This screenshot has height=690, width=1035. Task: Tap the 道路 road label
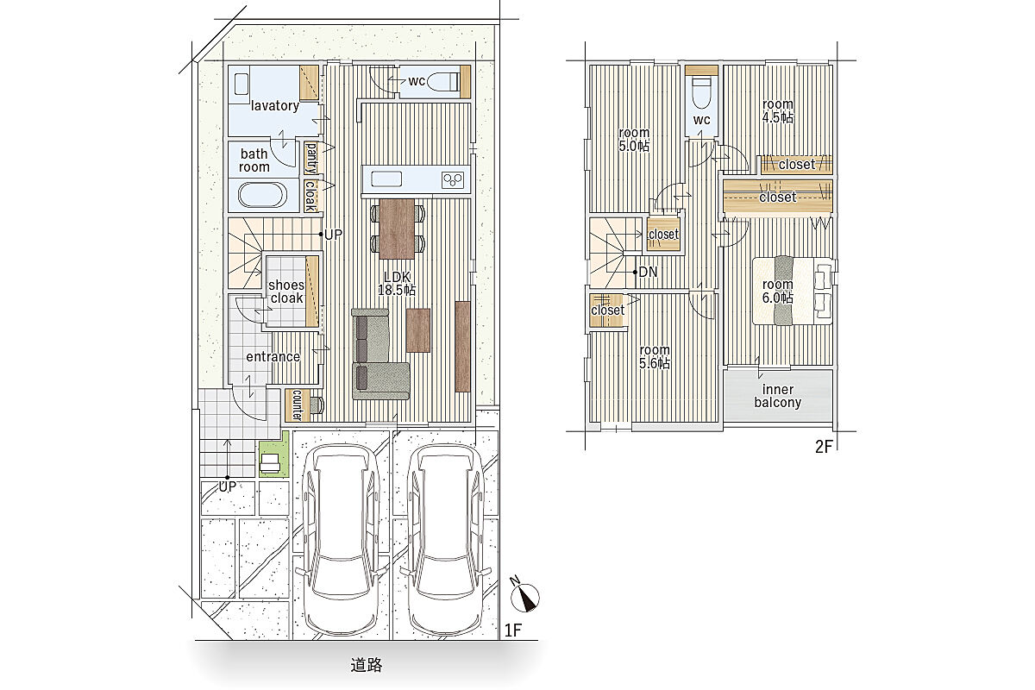click(366, 665)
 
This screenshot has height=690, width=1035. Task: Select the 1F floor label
click(513, 630)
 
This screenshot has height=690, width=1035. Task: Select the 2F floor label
click(824, 447)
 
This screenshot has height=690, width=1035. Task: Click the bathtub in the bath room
click(262, 195)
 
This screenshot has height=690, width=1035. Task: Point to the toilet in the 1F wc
click(443, 82)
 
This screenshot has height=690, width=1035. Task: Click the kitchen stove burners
click(452, 179)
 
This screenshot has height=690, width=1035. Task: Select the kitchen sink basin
click(386, 179)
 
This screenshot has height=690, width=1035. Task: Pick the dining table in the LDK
click(397, 229)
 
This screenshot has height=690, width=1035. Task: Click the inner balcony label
click(778, 396)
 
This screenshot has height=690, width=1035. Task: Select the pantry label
click(311, 158)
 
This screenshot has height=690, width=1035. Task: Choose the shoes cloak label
click(286, 292)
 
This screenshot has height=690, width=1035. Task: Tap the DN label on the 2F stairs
click(648, 272)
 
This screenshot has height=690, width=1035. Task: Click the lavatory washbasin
click(241, 85)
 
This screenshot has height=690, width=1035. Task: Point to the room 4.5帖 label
click(778, 111)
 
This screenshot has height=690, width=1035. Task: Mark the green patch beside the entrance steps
click(274, 455)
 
